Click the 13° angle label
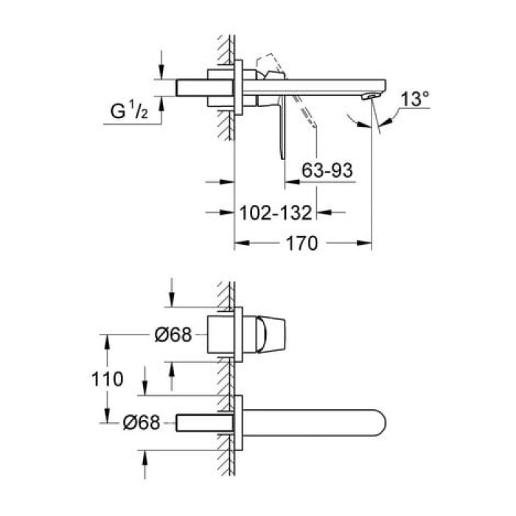[416, 99]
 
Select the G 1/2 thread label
[130, 112]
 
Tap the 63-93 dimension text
[328, 170]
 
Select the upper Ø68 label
[173, 335]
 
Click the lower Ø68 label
[141, 423]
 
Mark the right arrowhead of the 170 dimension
[366, 243]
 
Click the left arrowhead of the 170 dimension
[240, 243]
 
